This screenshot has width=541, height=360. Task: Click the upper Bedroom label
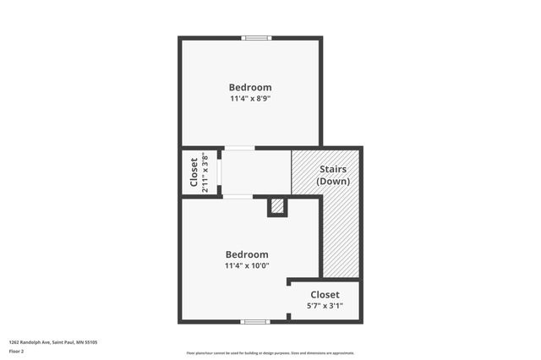pos(250,87)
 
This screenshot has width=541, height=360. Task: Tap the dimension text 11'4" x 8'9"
pos(250,99)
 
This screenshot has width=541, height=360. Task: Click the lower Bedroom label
pos(247,254)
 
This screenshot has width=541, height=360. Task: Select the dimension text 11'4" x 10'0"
pos(247,266)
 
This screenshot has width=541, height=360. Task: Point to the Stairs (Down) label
pos(331,175)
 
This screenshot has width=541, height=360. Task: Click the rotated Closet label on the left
pos(194,172)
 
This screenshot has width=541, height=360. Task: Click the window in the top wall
pos(256,38)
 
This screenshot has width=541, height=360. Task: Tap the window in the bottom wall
pos(255,321)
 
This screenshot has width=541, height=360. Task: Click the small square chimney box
pos(277,207)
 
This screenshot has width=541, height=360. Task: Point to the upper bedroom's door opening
pos(238,148)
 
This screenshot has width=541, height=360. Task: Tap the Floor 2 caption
pos(17,351)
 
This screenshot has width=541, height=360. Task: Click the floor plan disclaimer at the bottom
pos(270,353)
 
